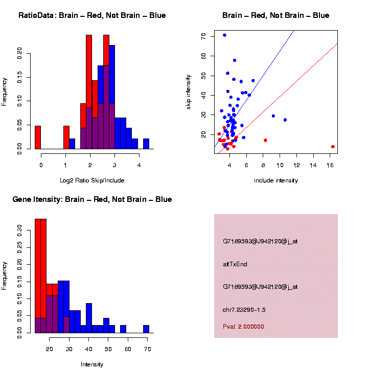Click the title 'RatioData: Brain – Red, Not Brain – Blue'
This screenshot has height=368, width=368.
pyautogui.click(x=92, y=15)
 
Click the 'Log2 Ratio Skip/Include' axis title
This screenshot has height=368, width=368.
pyautogui.click(x=92, y=180)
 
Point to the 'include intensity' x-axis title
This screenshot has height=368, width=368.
pyautogui.click(x=276, y=180)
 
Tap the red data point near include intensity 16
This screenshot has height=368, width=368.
pyautogui.click(x=333, y=147)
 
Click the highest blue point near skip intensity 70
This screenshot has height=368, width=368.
pyautogui.click(x=224, y=35)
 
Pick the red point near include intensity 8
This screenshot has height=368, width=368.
pyautogui.click(x=265, y=140)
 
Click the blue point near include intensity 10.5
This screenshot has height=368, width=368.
pyautogui.click(x=285, y=120)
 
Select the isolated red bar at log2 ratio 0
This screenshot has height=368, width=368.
pyautogui.click(x=38, y=137)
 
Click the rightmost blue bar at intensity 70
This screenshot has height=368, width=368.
pyautogui.click(x=146, y=329)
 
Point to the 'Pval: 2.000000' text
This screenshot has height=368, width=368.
pyautogui.click(x=243, y=327)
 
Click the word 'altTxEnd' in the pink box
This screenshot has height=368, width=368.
pyautogui.click(x=235, y=264)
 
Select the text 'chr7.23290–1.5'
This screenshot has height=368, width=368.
pyautogui.click(x=244, y=310)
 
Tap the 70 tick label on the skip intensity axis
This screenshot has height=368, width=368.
pyautogui.click(x=204, y=36)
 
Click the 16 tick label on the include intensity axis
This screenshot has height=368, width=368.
pyautogui.click(x=332, y=165)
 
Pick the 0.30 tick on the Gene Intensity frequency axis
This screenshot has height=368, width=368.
pyautogui.click(x=27, y=230)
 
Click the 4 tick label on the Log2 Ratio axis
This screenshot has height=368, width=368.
pyautogui.click(x=139, y=165)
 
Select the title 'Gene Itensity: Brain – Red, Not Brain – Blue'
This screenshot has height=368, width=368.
pyautogui.click(x=92, y=199)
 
